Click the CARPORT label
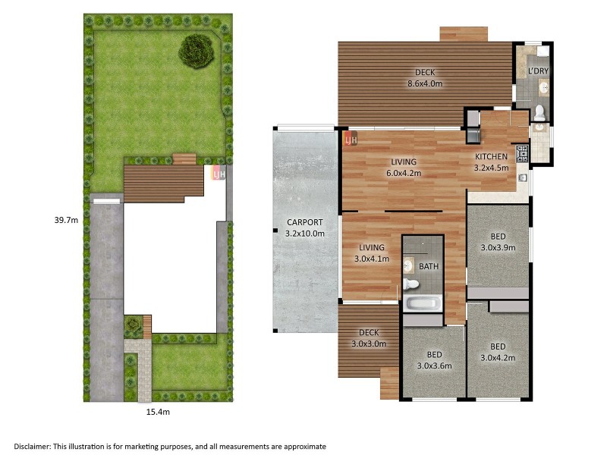pos(305,222)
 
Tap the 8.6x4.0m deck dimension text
pos(425,83)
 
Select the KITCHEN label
pos(491,157)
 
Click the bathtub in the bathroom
pos(423,303)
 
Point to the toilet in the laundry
pos(539,113)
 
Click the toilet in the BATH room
pos(410,284)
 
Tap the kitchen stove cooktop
pos(521,153)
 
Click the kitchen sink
pos(523,177)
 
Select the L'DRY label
pos(539,71)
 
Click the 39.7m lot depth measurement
pos(66,220)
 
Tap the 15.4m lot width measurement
pos(158,412)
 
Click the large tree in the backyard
pos(197,51)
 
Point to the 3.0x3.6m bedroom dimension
pos(434,366)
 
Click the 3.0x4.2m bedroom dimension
pos(498,358)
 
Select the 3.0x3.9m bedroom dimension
pos(498,248)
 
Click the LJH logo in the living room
pos(351,139)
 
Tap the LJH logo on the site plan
pos(219,174)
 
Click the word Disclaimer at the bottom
pos(32,447)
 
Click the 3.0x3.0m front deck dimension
pos(369,344)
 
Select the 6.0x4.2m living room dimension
pos(404,174)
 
